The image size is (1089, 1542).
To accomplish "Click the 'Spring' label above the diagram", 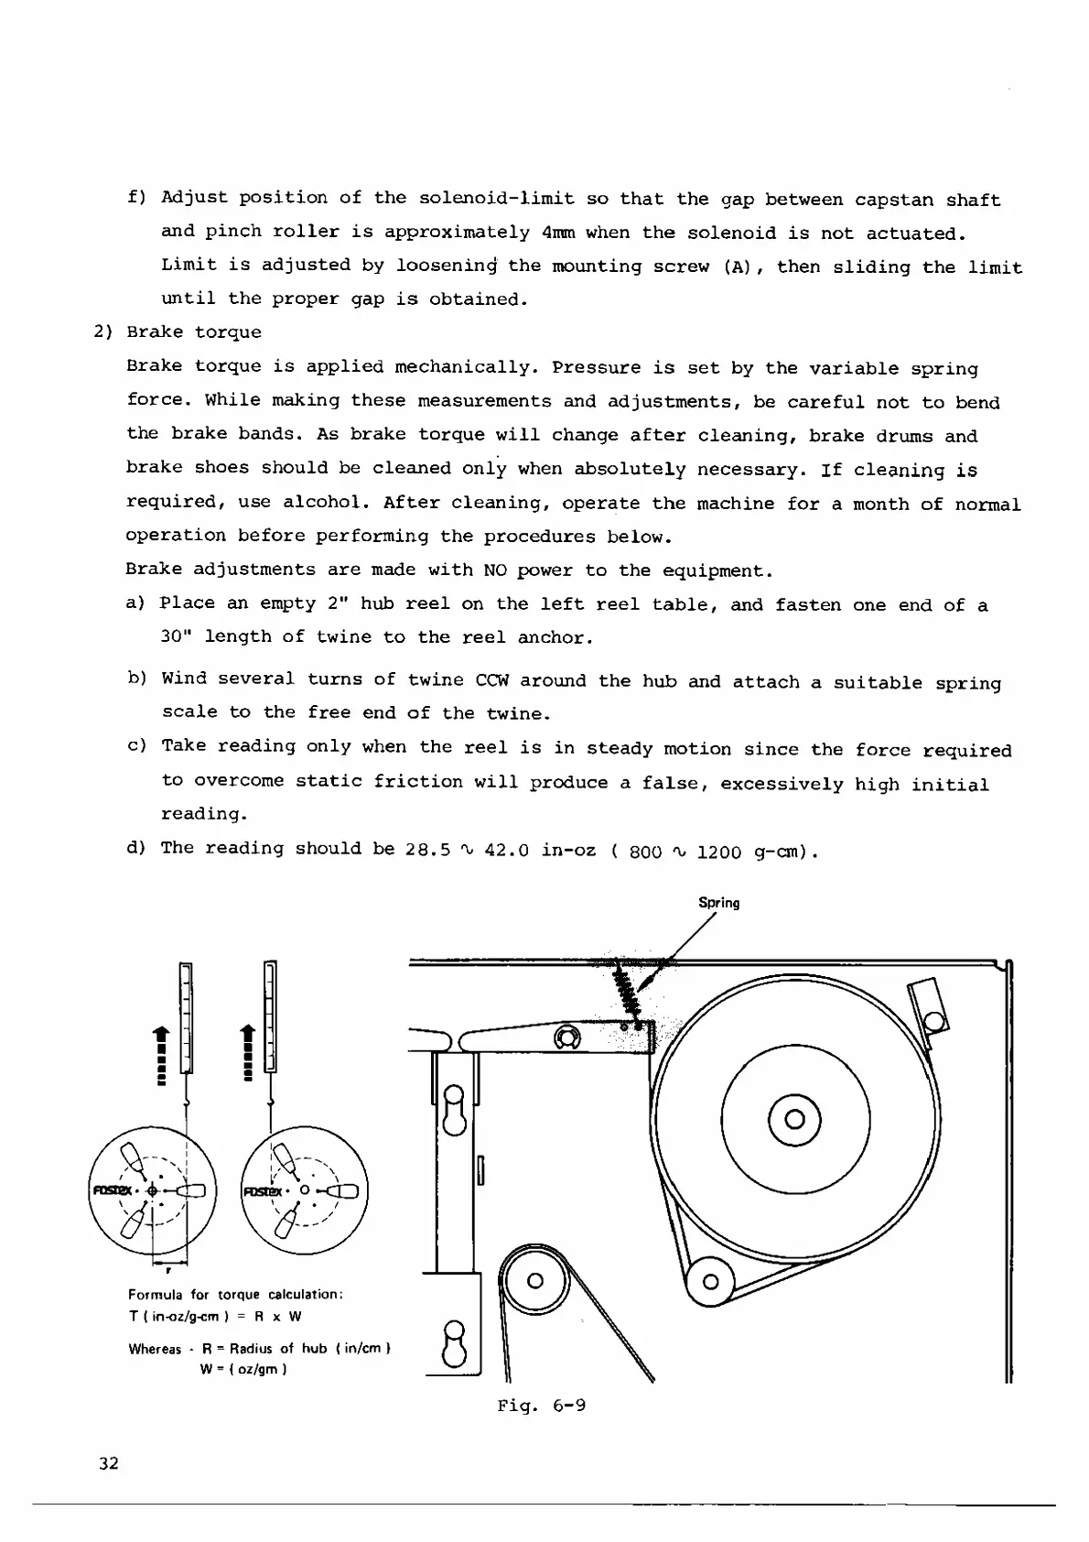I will pyautogui.click(x=718, y=903).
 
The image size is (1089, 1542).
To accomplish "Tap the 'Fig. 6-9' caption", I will pyautogui.click(x=541, y=1405).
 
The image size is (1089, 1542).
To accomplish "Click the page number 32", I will pyautogui.click(x=109, y=1462).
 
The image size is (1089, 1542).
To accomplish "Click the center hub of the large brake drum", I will pyautogui.click(x=794, y=1119).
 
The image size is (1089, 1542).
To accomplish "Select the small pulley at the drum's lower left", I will pyautogui.click(x=709, y=1281).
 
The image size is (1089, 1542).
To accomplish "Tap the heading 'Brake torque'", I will pyautogui.click(x=194, y=332).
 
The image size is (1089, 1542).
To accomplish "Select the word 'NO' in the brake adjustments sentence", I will pyautogui.click(x=494, y=570).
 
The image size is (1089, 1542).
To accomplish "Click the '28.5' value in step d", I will pyautogui.click(x=427, y=850).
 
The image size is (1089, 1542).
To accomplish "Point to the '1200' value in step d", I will pyautogui.click(x=719, y=852).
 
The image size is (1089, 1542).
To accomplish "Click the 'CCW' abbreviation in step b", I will pyautogui.click(x=494, y=680).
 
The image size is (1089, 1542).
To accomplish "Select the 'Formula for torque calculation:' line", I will pyautogui.click(x=235, y=1295).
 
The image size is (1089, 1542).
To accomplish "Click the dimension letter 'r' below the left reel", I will pyautogui.click(x=167, y=1271).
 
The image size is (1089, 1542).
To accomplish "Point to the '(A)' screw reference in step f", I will pyautogui.click(x=740, y=266).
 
